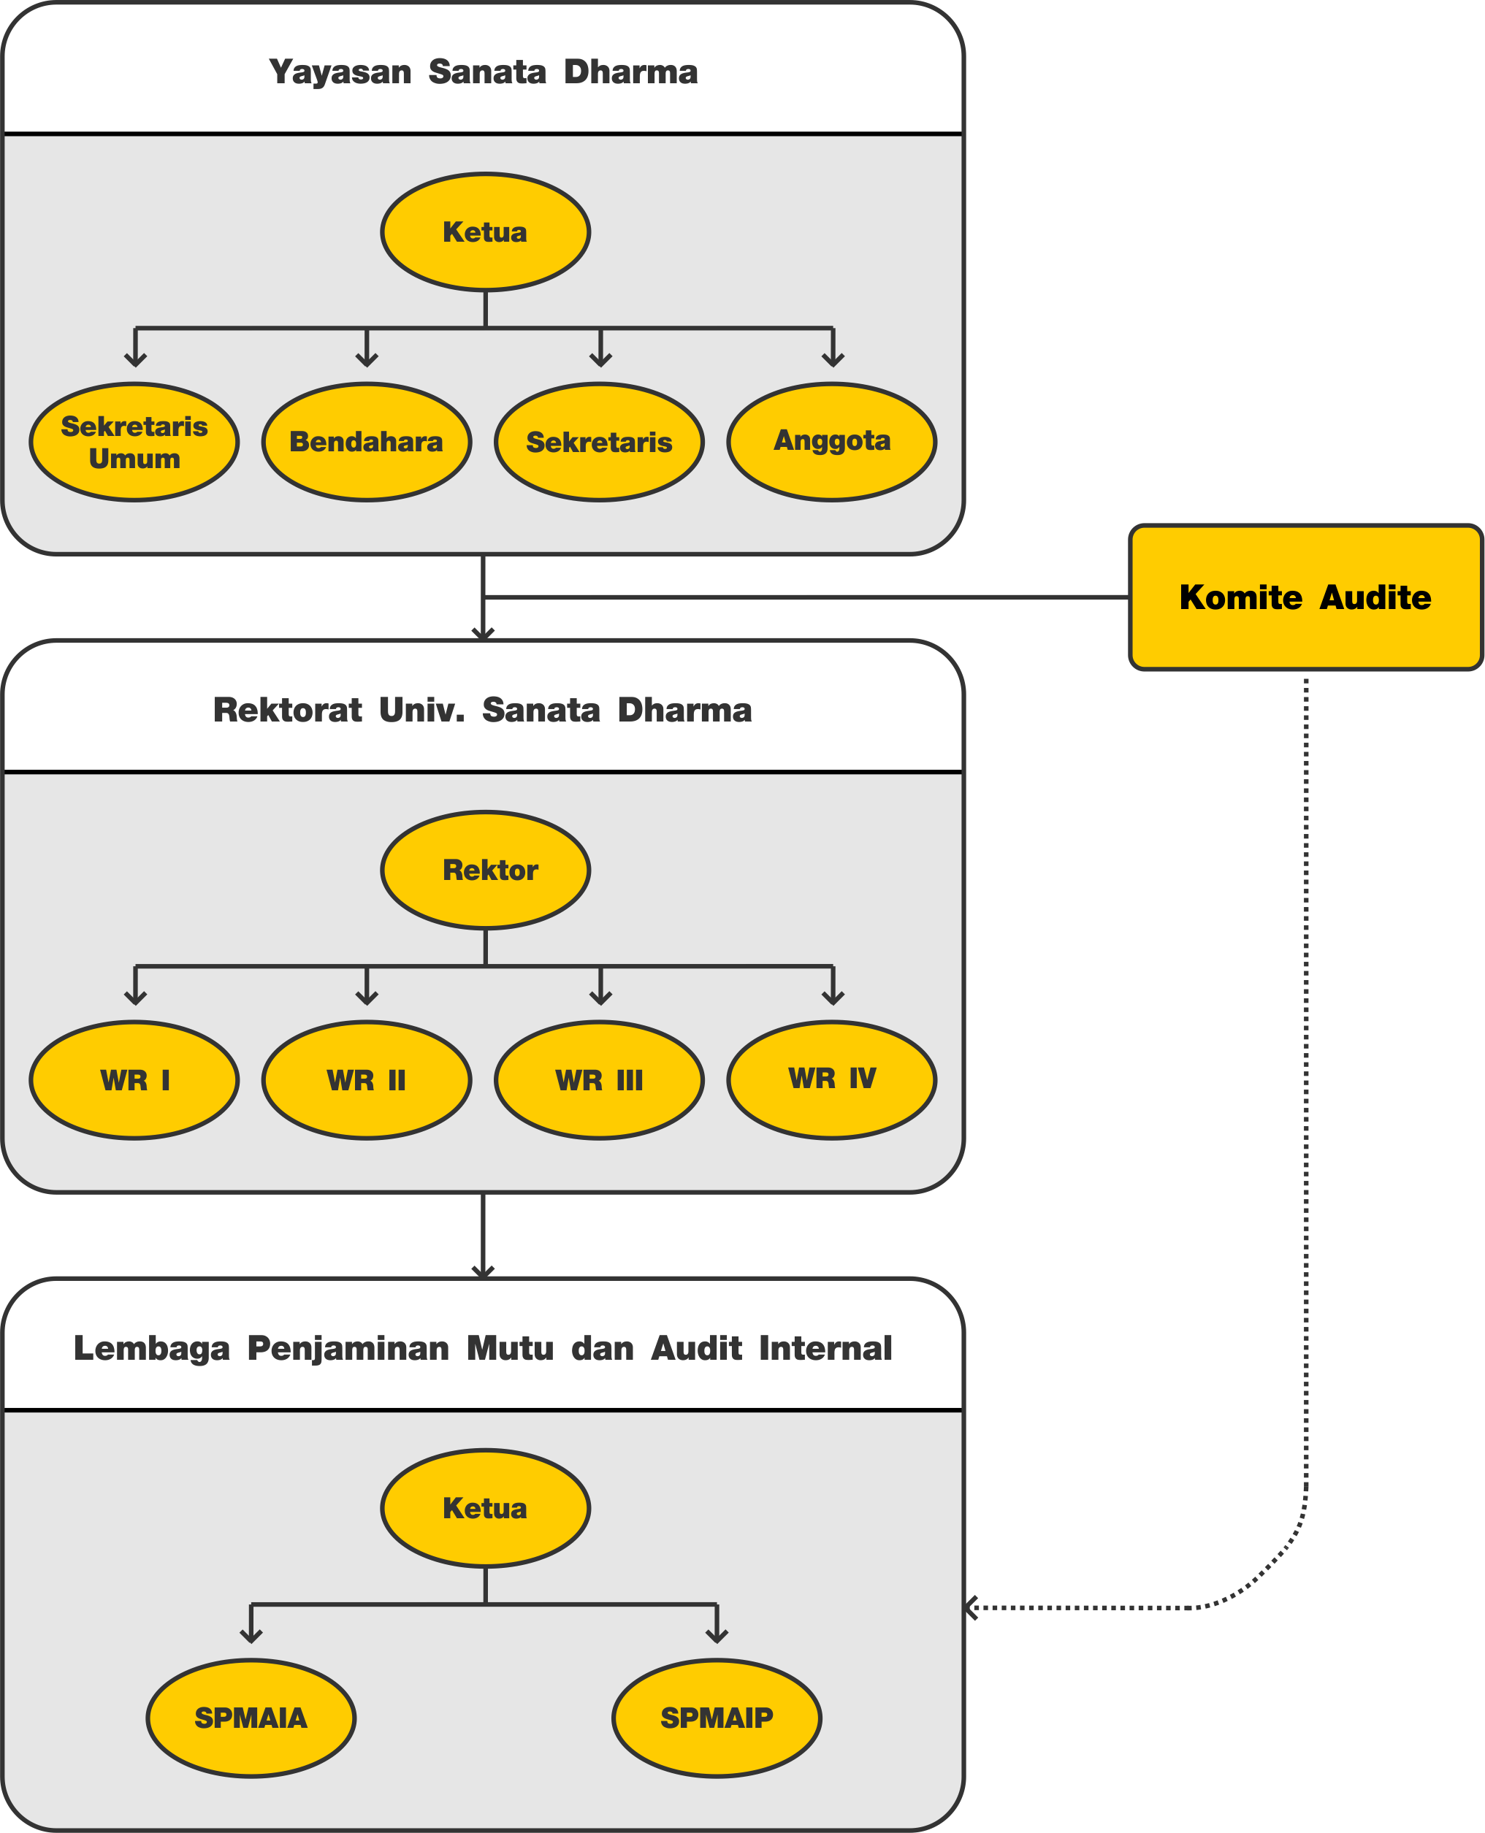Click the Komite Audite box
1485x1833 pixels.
[x=1305, y=597]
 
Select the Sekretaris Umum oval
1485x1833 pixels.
[x=134, y=441]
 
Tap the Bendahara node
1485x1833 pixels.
[x=367, y=441]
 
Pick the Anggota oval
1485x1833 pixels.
[x=832, y=441]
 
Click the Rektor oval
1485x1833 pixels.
[x=486, y=870]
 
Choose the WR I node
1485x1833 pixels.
[x=134, y=1080]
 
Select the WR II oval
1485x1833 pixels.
[x=367, y=1080]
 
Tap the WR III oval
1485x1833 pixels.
[x=600, y=1080]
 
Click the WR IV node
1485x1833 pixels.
[x=832, y=1080]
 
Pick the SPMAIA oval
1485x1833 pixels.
[x=251, y=1718]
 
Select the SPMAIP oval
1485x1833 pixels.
[x=717, y=1718]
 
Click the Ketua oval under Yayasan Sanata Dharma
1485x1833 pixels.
[x=486, y=231]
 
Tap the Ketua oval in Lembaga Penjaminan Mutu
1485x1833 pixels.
[x=486, y=1508]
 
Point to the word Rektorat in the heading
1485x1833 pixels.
[x=287, y=710]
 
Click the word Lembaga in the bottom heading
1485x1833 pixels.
[x=151, y=1349]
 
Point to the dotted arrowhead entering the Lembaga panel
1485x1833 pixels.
[x=971, y=1608]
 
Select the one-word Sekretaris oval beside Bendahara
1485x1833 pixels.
[x=600, y=441]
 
